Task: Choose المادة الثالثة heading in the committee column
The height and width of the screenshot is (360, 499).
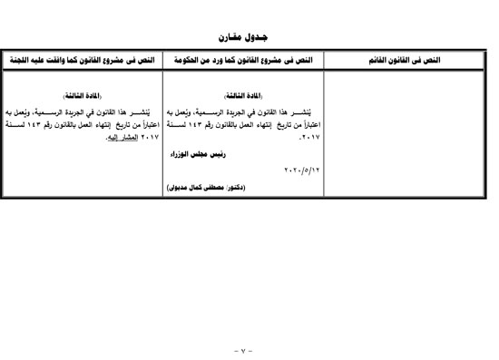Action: (82, 95)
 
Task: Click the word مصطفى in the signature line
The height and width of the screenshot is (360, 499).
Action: (225, 187)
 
